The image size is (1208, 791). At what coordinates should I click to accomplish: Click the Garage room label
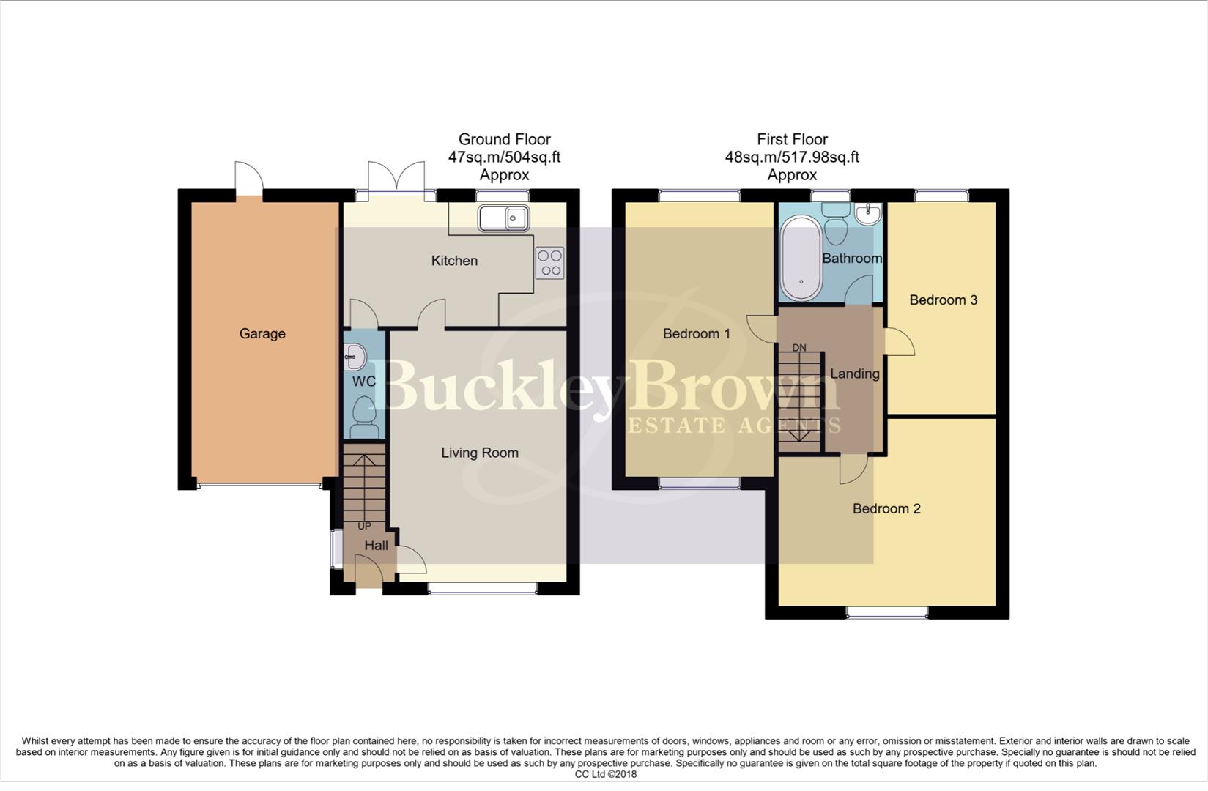tap(262, 334)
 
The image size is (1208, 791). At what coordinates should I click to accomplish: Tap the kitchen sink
tap(503, 218)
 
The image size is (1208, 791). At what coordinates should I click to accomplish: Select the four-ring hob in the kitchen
tap(549, 263)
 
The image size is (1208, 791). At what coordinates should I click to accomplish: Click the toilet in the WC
tap(363, 413)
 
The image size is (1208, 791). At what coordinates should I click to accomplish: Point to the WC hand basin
tap(354, 358)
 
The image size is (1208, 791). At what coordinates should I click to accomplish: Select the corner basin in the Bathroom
tap(870, 214)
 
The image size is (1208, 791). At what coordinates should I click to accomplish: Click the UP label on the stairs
tap(364, 526)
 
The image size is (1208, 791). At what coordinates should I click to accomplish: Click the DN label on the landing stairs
tap(799, 347)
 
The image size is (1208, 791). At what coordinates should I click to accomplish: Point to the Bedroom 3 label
tap(943, 300)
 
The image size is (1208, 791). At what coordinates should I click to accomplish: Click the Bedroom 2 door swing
tap(853, 469)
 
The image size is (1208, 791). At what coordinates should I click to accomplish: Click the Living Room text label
tap(480, 453)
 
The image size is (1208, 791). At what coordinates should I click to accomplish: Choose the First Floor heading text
tap(792, 139)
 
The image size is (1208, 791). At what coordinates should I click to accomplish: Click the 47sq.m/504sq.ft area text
tap(504, 157)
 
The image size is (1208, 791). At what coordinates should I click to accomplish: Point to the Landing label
tap(854, 374)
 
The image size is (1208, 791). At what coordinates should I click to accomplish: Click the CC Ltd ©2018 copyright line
tap(605, 774)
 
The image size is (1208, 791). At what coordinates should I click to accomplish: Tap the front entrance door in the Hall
tap(368, 572)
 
